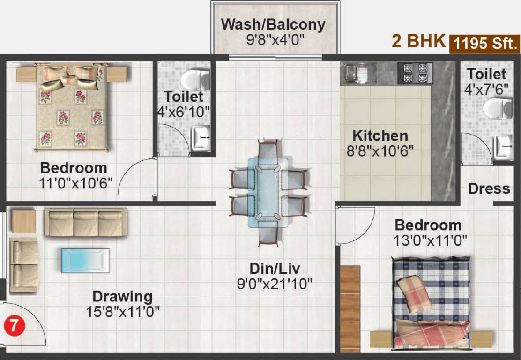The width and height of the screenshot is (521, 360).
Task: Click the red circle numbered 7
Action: point(15,325)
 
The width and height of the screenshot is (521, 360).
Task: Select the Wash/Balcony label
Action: point(273,24)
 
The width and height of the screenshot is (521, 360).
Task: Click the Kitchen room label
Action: point(380,136)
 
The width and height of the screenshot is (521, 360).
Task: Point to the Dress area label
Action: point(489,188)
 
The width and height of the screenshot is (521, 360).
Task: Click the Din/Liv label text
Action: point(275,269)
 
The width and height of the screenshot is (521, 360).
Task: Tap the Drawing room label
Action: point(122,296)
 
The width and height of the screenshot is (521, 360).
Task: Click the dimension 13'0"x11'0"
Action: point(430,241)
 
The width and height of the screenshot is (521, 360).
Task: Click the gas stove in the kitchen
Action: point(415,73)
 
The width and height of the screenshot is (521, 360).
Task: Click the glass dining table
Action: point(268,192)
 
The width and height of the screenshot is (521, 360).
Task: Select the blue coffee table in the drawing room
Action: point(85,260)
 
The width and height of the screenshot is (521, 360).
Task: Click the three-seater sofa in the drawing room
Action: point(86,222)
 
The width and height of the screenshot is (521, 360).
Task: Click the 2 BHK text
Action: point(418,41)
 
